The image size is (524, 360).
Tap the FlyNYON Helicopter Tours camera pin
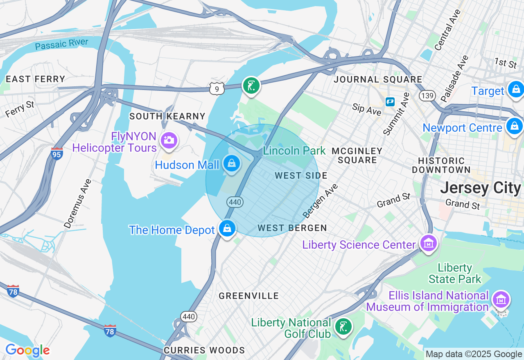click(168, 140)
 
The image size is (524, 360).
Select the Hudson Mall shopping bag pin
click(232, 164)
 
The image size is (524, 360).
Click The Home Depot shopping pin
click(227, 228)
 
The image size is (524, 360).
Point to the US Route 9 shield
click(217, 88)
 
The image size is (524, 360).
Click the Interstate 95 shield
click(56, 154)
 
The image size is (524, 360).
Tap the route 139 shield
click(427, 96)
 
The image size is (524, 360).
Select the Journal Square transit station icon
click(390, 101)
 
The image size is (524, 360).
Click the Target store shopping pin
click(515, 89)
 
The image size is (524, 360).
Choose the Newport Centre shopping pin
click(514, 126)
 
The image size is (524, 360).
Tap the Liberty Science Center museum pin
click(429, 244)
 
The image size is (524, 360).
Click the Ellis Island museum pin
click(501, 300)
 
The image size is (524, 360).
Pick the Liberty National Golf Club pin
click(343, 326)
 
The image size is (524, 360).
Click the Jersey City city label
click(480, 188)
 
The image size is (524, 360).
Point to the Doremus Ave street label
click(77, 203)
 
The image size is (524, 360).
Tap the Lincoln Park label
click(294, 151)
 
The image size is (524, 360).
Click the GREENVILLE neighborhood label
click(248, 296)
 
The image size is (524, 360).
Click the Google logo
click(27, 351)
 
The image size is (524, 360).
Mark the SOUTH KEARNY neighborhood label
click(167, 116)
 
